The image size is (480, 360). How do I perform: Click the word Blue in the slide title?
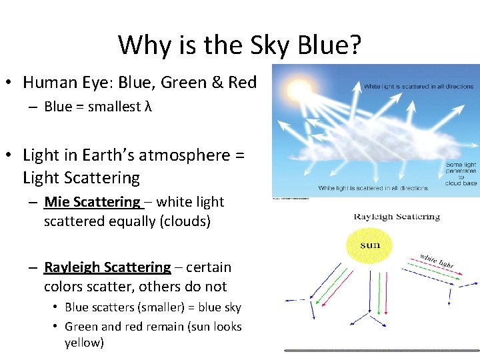pyautogui.click(x=327, y=45)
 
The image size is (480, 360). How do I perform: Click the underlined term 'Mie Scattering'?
pyautogui.click(x=92, y=202)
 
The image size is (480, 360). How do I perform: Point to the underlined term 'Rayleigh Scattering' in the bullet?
pyautogui.click(x=107, y=267)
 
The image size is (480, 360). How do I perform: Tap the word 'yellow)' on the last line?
pyautogui.click(x=85, y=343)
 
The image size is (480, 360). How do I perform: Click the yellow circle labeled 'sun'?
pyautogui.click(x=370, y=245)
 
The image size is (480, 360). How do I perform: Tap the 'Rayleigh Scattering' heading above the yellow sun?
pyautogui.click(x=397, y=217)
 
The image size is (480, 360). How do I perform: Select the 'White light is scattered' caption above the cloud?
pyautogui.click(x=418, y=86)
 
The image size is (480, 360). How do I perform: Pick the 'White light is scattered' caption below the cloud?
pyautogui.click(x=373, y=188)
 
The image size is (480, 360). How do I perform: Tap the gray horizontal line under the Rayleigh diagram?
pyautogui.click(x=381, y=350)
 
